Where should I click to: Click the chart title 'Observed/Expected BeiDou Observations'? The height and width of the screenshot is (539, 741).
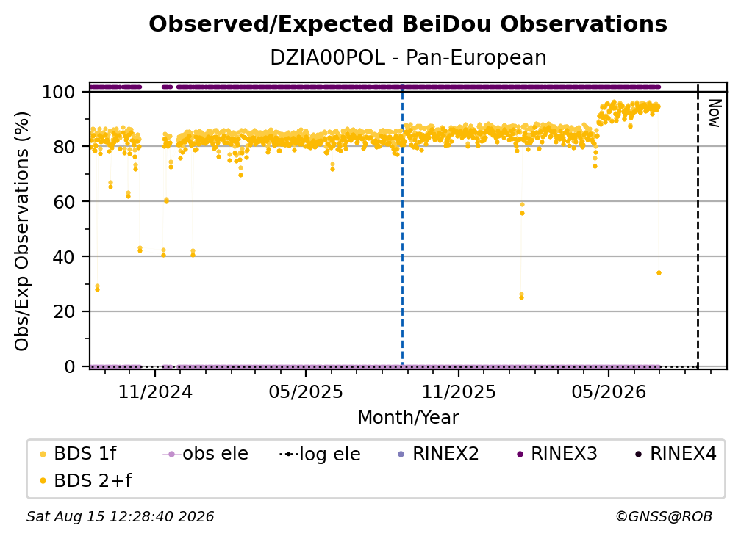tap(408, 24)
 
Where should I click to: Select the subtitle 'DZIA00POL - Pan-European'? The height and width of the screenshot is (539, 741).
tap(408, 58)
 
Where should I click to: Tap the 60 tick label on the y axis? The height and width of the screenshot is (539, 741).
tap(64, 202)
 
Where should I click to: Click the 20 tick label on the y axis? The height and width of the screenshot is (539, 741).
tap(64, 312)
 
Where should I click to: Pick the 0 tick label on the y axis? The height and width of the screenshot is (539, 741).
tap(70, 366)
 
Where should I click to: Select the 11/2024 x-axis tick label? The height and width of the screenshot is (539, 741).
tap(155, 391)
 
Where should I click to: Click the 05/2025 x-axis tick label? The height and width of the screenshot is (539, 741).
tap(306, 391)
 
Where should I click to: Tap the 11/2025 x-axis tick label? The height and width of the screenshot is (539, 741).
tap(459, 391)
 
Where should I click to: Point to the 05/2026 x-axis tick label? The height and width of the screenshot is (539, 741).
tap(609, 391)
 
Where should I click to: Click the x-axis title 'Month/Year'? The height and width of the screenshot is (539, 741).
tap(408, 418)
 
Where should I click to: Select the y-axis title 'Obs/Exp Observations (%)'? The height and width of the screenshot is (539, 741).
tap(22, 231)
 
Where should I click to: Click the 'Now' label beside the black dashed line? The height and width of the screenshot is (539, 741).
tap(715, 113)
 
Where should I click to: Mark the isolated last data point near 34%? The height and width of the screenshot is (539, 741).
tap(659, 272)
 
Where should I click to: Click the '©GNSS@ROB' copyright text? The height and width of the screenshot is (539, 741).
tap(664, 517)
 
